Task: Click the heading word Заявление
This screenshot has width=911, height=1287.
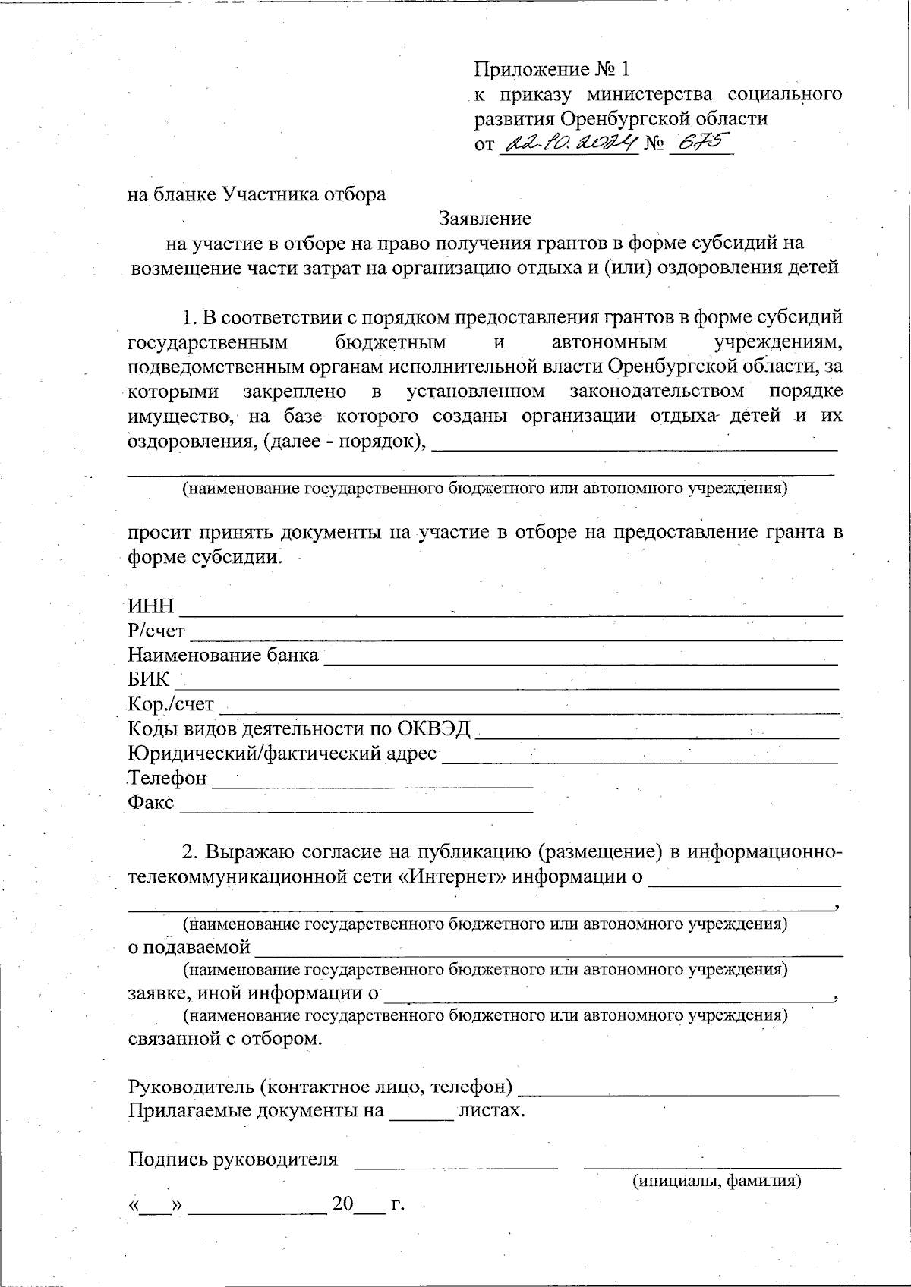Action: click(x=485, y=219)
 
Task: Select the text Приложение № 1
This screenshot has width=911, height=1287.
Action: click(x=552, y=70)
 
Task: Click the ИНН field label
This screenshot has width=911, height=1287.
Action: click(x=150, y=607)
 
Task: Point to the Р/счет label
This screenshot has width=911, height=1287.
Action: click(x=156, y=631)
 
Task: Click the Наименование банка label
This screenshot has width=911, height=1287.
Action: click(x=222, y=656)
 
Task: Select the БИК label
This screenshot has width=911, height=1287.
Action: click(x=148, y=680)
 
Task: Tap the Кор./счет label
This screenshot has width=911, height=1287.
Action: click(x=171, y=705)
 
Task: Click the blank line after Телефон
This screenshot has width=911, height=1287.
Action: click(x=372, y=782)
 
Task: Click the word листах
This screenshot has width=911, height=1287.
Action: click(x=493, y=1111)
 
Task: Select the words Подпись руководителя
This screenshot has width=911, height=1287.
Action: click(x=232, y=1160)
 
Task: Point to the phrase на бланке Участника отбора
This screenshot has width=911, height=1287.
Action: click(x=257, y=194)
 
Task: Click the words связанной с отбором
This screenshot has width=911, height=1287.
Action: click(x=225, y=1039)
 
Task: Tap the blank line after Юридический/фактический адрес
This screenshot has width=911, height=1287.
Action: click(x=639, y=757)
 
